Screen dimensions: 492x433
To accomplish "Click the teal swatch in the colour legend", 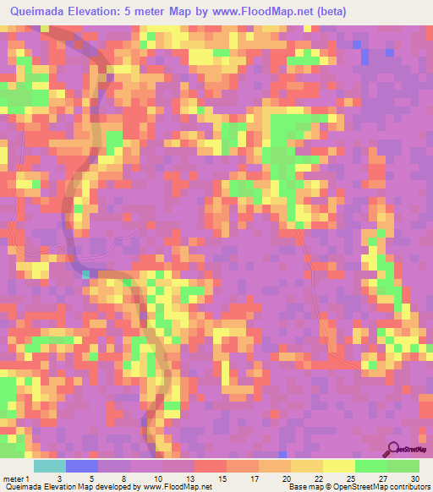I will (49, 466).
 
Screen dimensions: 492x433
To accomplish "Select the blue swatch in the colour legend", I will (81, 466).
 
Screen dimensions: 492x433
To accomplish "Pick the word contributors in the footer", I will (408, 488).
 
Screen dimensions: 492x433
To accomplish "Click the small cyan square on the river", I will (85, 274).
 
